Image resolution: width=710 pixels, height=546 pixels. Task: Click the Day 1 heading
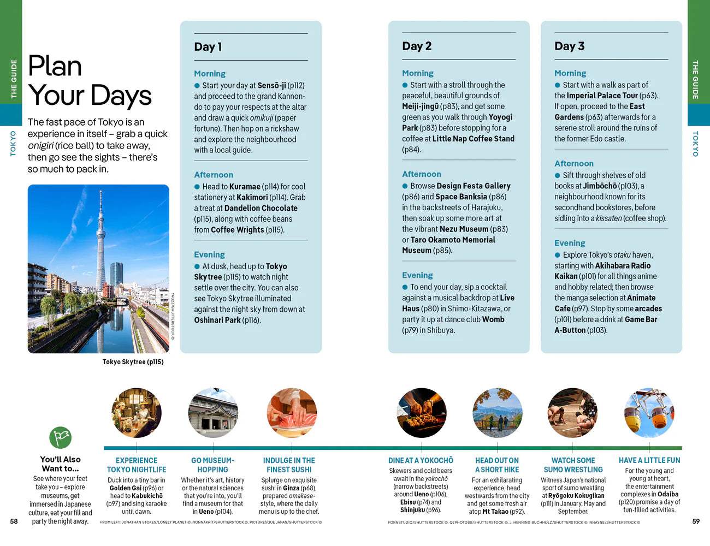[208, 47]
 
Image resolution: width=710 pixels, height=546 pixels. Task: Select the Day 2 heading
[417, 46]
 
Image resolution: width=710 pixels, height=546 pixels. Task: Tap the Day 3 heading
[569, 46]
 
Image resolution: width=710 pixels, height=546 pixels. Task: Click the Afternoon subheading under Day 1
[214, 175]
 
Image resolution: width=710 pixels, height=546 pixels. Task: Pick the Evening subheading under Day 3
[570, 243]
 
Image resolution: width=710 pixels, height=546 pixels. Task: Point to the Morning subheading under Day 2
[418, 73]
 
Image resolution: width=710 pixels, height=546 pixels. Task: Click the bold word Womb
[493, 319]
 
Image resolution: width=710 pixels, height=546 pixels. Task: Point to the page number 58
[14, 521]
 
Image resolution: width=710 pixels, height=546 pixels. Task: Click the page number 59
[696, 521]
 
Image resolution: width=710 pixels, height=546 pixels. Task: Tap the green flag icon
[61, 437]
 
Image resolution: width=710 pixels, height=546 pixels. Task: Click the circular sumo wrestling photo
[573, 413]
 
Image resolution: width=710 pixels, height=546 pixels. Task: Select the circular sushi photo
[289, 413]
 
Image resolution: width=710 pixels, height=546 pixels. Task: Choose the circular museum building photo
[213, 413]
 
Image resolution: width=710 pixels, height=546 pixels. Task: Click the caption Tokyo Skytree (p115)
[133, 362]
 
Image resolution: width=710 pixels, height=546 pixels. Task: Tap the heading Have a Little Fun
[649, 460]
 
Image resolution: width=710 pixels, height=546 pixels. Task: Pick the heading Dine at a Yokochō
[421, 461]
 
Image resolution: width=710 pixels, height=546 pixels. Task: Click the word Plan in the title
[55, 67]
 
